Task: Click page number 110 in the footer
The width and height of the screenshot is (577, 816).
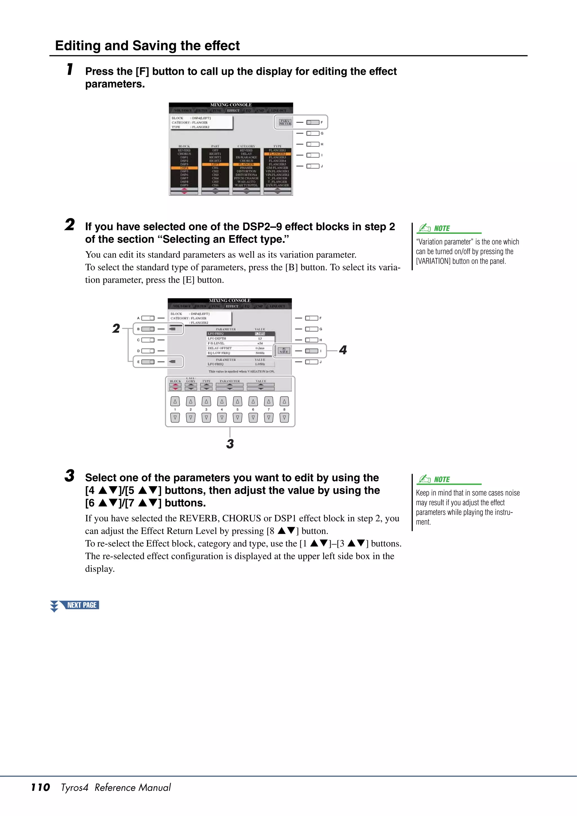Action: pyautogui.click(x=41, y=787)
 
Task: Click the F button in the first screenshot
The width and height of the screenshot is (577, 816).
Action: pyautogui.click(x=312, y=122)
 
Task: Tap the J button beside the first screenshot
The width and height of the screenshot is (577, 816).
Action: pyautogui.click(x=312, y=166)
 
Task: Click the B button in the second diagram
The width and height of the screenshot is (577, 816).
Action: pyautogui.click(x=148, y=329)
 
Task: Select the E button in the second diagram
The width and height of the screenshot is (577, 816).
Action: pyautogui.click(x=148, y=362)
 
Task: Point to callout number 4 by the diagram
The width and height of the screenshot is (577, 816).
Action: pyautogui.click(x=343, y=350)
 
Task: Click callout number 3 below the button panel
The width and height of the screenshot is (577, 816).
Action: pyautogui.click(x=230, y=444)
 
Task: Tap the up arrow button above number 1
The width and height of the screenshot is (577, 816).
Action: pyautogui.click(x=175, y=401)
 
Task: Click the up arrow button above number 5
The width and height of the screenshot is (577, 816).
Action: pyautogui.click(x=238, y=401)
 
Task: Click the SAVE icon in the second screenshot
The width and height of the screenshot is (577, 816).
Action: pyautogui.click(x=284, y=350)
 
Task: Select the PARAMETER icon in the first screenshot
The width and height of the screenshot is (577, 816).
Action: pyautogui.click(x=285, y=122)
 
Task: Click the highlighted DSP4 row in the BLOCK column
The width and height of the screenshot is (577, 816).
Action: pyautogui.click(x=184, y=168)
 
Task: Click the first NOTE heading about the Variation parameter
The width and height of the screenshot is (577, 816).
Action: pyautogui.click(x=441, y=228)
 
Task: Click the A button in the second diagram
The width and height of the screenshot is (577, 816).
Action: pyautogui.click(x=148, y=318)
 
